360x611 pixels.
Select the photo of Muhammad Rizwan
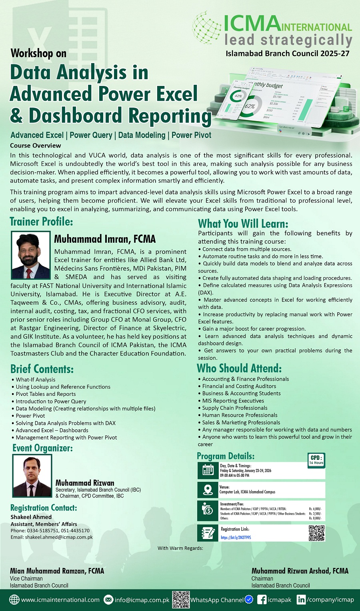pyautogui.click(x=32, y=476)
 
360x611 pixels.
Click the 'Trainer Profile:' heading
pyautogui.click(x=41, y=222)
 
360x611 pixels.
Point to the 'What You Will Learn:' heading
pyautogui.click(x=243, y=224)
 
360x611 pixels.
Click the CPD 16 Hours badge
pyautogui.click(x=316, y=460)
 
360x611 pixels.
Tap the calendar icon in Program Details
pyautogui.click(x=208, y=470)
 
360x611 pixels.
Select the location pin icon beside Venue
pyautogui.click(x=208, y=490)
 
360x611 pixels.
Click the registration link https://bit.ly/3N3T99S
pyautogui.click(x=236, y=537)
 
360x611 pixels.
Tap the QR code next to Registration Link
pyautogui.click(x=316, y=533)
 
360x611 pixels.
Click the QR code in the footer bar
pyautogui.click(x=181, y=599)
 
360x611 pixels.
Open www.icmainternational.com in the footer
pyautogui.click(x=60, y=600)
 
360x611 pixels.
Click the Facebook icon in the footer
pyautogui.click(x=262, y=600)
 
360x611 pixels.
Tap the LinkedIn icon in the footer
pyautogui.click(x=301, y=600)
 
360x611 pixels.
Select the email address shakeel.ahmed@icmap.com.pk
pyautogui.click(x=59, y=537)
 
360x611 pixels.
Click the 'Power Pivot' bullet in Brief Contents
pyautogui.click(x=30, y=416)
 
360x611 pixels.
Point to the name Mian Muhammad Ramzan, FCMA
pyautogui.click(x=57, y=571)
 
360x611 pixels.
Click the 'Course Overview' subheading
pyautogui.click(x=36, y=146)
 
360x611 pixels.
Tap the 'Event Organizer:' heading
pyautogui.click(x=42, y=448)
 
